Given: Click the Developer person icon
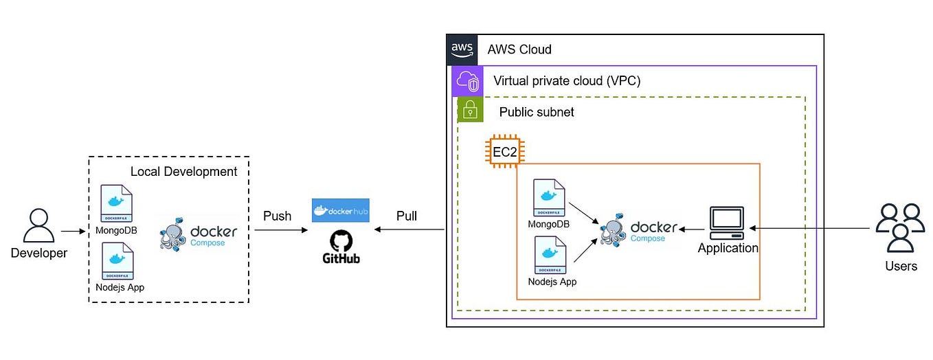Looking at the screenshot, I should [x=38, y=226].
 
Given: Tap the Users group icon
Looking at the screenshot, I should [x=900, y=227].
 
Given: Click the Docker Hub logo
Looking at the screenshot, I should [x=340, y=211].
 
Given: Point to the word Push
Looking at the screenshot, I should [x=277, y=216].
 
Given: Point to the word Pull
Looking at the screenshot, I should [x=406, y=216].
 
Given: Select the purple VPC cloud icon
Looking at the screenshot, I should [x=467, y=81].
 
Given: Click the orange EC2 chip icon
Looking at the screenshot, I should [x=504, y=151].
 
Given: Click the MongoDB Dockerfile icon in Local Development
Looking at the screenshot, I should [x=117, y=203].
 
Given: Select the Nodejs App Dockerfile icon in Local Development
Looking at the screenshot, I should [x=117, y=260].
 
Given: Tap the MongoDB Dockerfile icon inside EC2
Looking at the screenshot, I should [x=549, y=198].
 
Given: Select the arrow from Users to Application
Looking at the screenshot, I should [x=811, y=227].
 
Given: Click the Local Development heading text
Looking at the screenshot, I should [x=183, y=172].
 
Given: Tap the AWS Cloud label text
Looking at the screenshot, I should [x=519, y=49].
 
